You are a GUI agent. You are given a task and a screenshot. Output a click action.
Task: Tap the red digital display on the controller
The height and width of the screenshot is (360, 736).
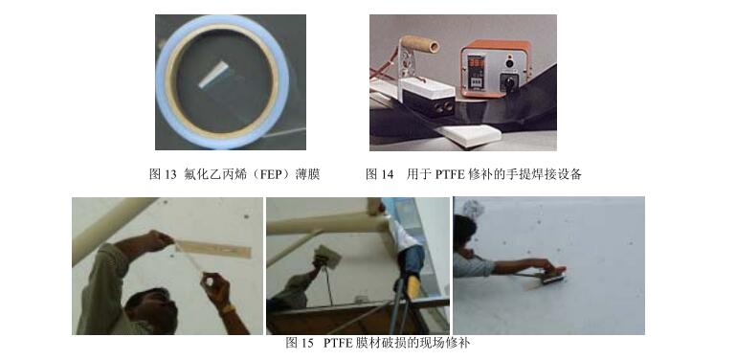476,64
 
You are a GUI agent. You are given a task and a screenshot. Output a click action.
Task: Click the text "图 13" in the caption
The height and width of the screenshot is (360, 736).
165,175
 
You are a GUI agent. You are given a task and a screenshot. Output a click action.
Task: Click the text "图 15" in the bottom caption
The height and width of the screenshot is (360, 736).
300,343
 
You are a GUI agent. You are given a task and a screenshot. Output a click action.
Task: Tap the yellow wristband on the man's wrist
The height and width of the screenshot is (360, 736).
226,308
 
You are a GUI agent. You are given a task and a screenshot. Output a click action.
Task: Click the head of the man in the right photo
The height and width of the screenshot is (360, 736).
464,231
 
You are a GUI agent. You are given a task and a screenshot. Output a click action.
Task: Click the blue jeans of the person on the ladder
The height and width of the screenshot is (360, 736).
413,261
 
